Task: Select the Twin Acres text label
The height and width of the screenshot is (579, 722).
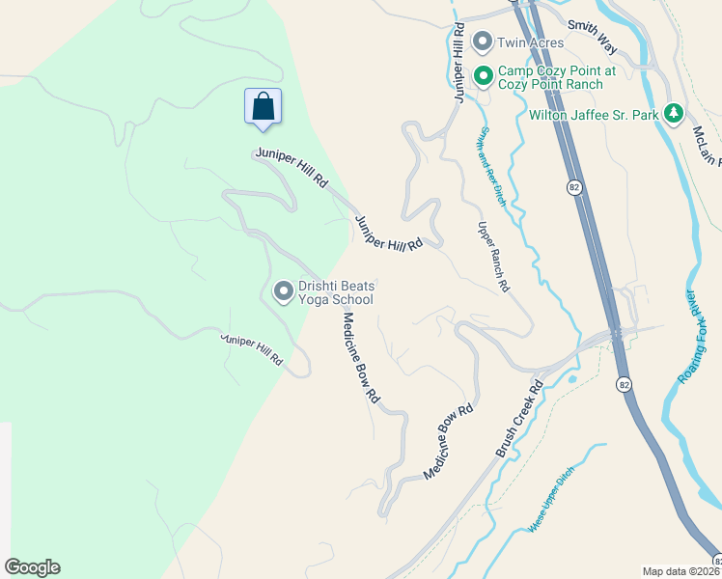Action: point(530,42)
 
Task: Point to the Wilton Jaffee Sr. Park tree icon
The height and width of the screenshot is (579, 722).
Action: point(674,115)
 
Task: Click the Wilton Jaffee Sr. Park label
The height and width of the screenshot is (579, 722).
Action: point(594,115)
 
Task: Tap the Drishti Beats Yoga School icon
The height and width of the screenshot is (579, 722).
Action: point(284,290)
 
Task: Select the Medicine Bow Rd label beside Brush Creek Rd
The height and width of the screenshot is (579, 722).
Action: point(449,440)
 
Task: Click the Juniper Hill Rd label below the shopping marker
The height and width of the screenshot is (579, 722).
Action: point(292,167)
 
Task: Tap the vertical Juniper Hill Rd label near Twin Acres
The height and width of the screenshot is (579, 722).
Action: point(459,64)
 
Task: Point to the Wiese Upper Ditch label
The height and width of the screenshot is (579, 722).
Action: point(552,498)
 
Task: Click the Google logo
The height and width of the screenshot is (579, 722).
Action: point(32,567)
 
